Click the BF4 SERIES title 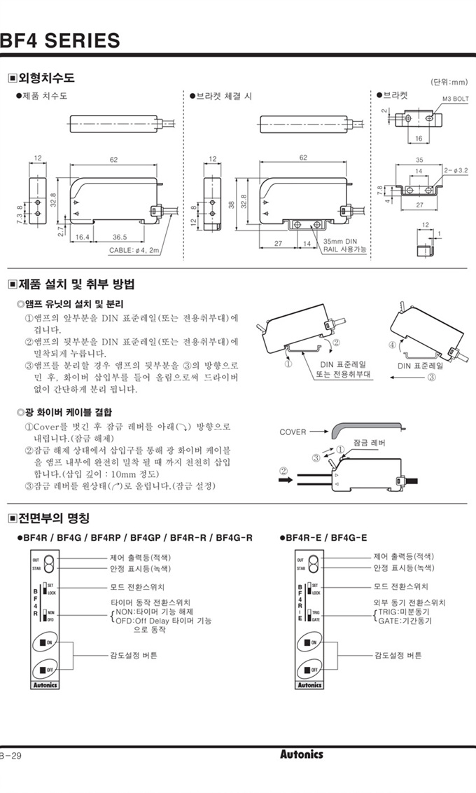pyautogui.click(x=60, y=40)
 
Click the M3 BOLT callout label pyautogui.click(x=456, y=99)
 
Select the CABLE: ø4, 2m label pyautogui.click(x=134, y=250)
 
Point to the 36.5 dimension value pyautogui.click(x=120, y=237)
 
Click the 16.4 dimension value pyautogui.click(x=82, y=237)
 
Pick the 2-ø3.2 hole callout pyautogui.click(x=456, y=170)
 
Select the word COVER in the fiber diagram pyautogui.click(x=293, y=432)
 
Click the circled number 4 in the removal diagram pyautogui.click(x=392, y=345)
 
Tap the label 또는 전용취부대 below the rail pyautogui.click(x=343, y=374)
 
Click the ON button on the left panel pyautogui.click(x=45, y=642)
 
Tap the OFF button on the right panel pyautogui.click(x=309, y=670)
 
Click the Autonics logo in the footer pyautogui.click(x=302, y=754)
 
